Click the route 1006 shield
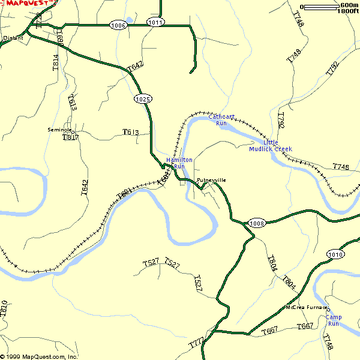pyautogui.click(x=118, y=25)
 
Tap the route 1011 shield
pyautogui.click(x=155, y=22)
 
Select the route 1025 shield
pyautogui.click(x=142, y=99)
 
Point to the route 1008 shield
pyautogui.click(x=257, y=223)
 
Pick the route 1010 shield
pyautogui.click(x=335, y=254)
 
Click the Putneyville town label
pyautogui.click(x=211, y=180)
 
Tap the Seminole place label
pyautogui.click(x=60, y=130)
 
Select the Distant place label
pyautogui.click(x=13, y=38)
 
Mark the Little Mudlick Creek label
pyautogui.click(x=270, y=146)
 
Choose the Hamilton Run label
pyautogui.click(x=179, y=163)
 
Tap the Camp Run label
pyautogui.click(x=333, y=320)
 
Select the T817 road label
pyautogui.click(x=71, y=137)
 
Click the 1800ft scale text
pyautogui.click(x=348, y=11)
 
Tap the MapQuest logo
pyautogui.click(x=28, y=3)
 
